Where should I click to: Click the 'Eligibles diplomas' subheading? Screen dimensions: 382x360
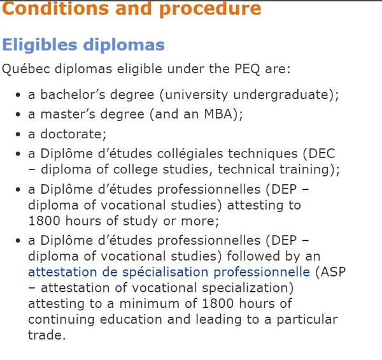click(x=83, y=45)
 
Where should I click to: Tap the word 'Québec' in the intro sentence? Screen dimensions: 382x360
click(x=26, y=69)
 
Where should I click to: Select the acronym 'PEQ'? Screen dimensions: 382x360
click(x=247, y=69)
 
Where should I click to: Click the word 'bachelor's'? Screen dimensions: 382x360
click(x=73, y=94)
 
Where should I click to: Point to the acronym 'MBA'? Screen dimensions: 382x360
click(x=218, y=114)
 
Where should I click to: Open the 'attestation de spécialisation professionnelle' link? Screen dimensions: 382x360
click(x=169, y=272)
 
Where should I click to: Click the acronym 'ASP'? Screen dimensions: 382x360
click(x=333, y=272)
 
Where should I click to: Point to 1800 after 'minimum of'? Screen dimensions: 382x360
click(x=218, y=304)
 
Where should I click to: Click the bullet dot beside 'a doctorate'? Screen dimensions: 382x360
click(x=18, y=134)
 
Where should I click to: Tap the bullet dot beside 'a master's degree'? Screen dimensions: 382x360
click(x=18, y=115)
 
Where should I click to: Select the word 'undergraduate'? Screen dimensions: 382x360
click(x=281, y=95)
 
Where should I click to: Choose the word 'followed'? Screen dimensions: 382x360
click(x=253, y=256)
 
